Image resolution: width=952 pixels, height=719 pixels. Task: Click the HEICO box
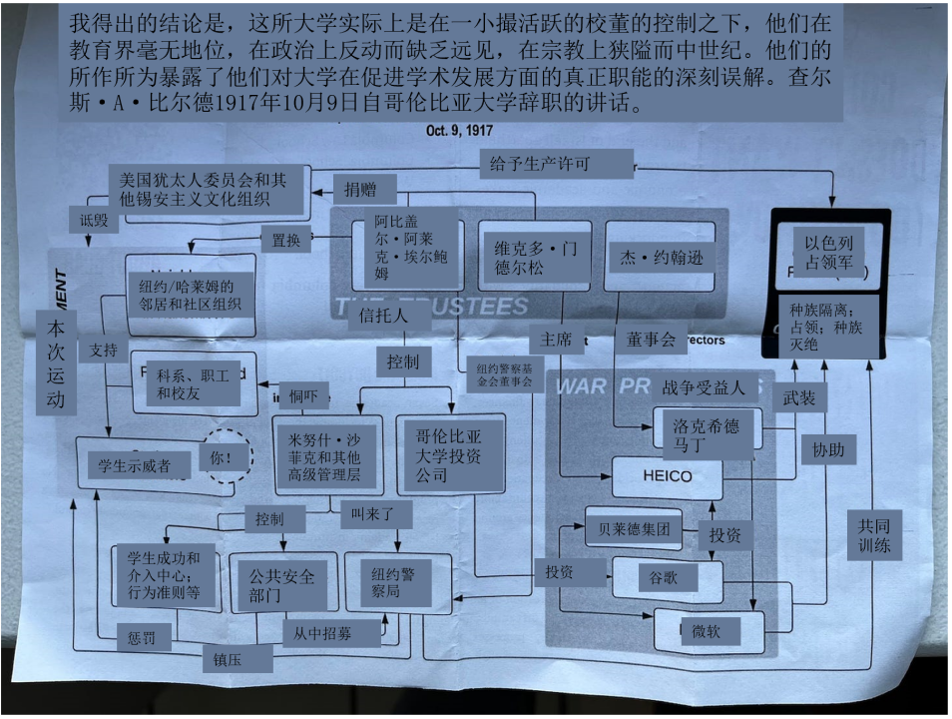coord(667,476)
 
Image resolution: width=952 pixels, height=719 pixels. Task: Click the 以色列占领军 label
coord(828,253)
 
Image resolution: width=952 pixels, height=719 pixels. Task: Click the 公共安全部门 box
coord(282,585)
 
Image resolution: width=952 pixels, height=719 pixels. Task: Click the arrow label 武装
coord(799,396)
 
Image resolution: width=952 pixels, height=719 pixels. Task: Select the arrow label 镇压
coord(237,658)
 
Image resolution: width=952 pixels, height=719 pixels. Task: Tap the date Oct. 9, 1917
coord(459,131)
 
